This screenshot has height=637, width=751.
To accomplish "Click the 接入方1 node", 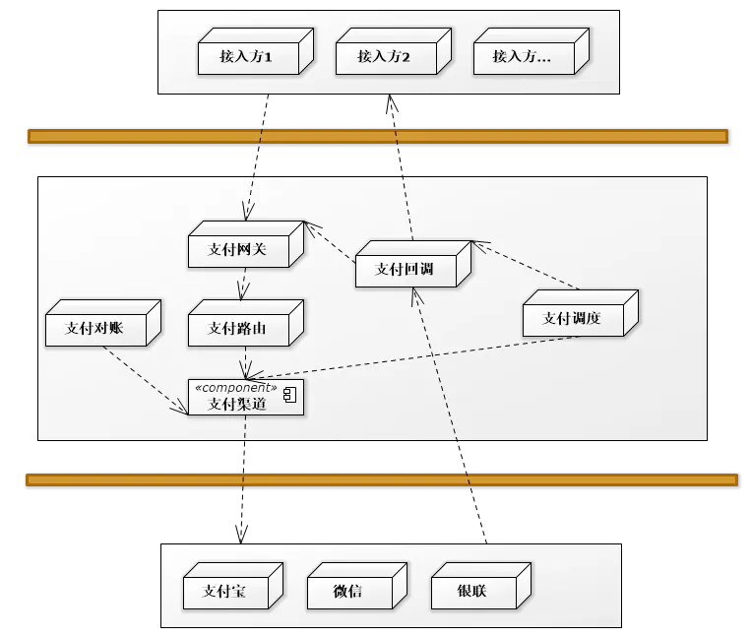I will [247, 57].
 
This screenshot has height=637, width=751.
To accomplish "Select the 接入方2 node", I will [385, 57].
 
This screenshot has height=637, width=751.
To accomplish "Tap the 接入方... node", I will [523, 57].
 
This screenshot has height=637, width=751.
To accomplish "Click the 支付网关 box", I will [237, 249].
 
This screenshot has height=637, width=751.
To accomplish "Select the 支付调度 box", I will [573, 318].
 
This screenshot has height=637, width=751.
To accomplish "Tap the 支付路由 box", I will [237, 328].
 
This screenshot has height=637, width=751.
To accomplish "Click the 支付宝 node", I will [224, 591].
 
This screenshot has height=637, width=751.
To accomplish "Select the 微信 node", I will [348, 591].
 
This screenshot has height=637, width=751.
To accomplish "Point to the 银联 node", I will [472, 591].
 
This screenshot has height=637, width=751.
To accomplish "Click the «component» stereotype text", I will [242, 388].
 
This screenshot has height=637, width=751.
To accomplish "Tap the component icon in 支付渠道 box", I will [290, 396].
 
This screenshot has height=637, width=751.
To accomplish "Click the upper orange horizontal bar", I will [377, 136].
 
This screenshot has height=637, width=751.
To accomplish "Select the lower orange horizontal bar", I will [381, 479].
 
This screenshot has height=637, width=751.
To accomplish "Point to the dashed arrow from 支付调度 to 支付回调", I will [528, 265].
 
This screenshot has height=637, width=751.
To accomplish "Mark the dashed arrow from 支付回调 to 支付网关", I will [331, 243].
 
